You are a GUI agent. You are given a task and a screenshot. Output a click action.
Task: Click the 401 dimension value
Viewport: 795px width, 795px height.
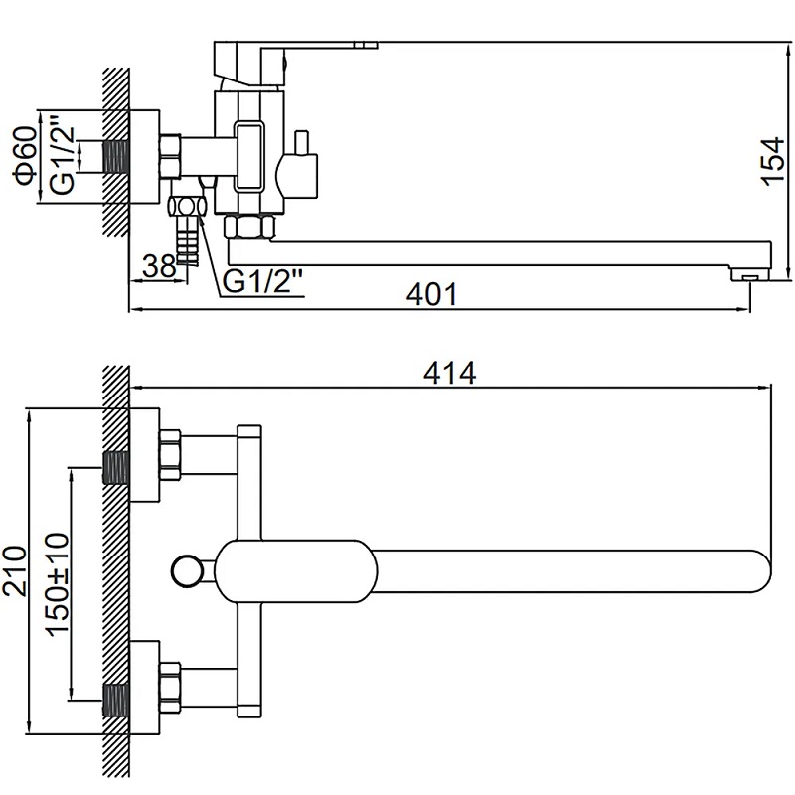point(434,295)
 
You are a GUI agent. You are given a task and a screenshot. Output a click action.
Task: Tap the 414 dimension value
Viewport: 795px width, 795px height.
point(449,373)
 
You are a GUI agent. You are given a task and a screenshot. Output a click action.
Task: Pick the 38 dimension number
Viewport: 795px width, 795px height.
point(158,265)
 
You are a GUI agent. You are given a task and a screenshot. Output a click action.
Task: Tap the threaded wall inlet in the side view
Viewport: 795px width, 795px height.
point(118,156)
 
